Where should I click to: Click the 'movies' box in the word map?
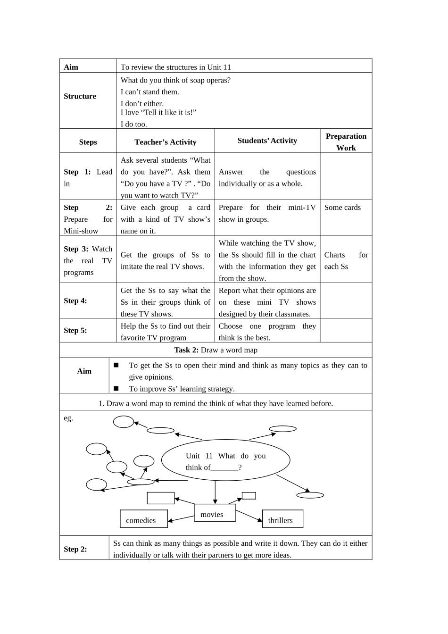pyautogui.click(x=215, y=513)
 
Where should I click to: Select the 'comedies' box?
pyautogui.click(x=143, y=519)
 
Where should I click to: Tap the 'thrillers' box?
pyautogui.click(x=282, y=519)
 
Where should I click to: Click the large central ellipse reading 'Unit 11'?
pyautogui.click(x=225, y=460)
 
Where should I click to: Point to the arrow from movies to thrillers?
pyautogui.click(x=249, y=516)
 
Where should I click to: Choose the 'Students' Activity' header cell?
pyautogui.click(x=267, y=141)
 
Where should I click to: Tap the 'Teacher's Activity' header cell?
pyautogui.click(x=165, y=142)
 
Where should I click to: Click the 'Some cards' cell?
pyautogui.click(x=342, y=208)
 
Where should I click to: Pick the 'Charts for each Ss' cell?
pyautogui.click(x=346, y=260)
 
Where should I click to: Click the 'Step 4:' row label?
pyautogui.click(x=75, y=301)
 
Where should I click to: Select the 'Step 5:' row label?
pyautogui.click(x=75, y=331)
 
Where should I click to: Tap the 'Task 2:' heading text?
pyautogui.click(x=186, y=350)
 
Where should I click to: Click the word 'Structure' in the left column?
pyautogui.click(x=80, y=96)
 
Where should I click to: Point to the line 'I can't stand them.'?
pyautogui.click(x=149, y=92)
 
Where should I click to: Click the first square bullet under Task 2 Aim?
pyautogui.click(x=116, y=365)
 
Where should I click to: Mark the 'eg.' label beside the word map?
pyautogui.click(x=68, y=418)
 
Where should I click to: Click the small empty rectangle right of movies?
pyautogui.click(x=249, y=496)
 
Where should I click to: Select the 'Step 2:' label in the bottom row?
pyautogui.click(x=75, y=549)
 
